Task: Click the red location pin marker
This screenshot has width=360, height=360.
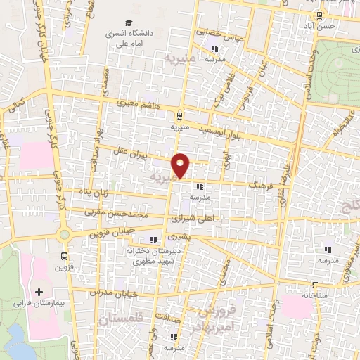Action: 181,165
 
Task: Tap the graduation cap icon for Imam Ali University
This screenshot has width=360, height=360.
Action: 129,22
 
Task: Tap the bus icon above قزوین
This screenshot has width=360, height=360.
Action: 65,257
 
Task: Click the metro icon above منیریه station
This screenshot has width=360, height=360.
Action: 181,116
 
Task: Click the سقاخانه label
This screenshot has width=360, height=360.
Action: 311,296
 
